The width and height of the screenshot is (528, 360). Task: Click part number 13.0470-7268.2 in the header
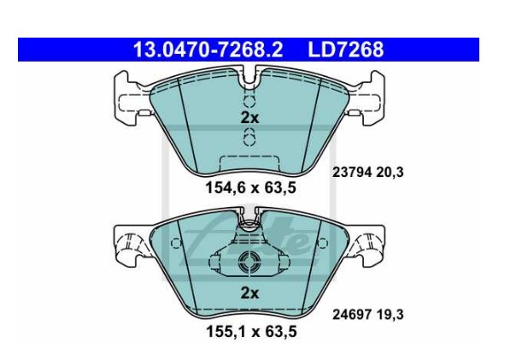click(208, 50)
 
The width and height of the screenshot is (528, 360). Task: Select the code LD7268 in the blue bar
click(345, 50)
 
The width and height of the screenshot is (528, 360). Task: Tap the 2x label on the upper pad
click(249, 118)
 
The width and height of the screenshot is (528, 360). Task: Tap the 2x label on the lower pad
click(249, 293)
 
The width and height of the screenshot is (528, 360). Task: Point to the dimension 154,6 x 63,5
click(250, 188)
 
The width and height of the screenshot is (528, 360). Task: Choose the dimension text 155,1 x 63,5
click(251, 332)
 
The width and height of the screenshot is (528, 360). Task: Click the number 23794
click(352, 173)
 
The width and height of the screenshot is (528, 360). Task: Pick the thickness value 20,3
click(390, 173)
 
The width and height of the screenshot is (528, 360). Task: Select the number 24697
click(352, 315)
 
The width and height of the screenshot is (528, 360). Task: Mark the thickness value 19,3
click(390, 315)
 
